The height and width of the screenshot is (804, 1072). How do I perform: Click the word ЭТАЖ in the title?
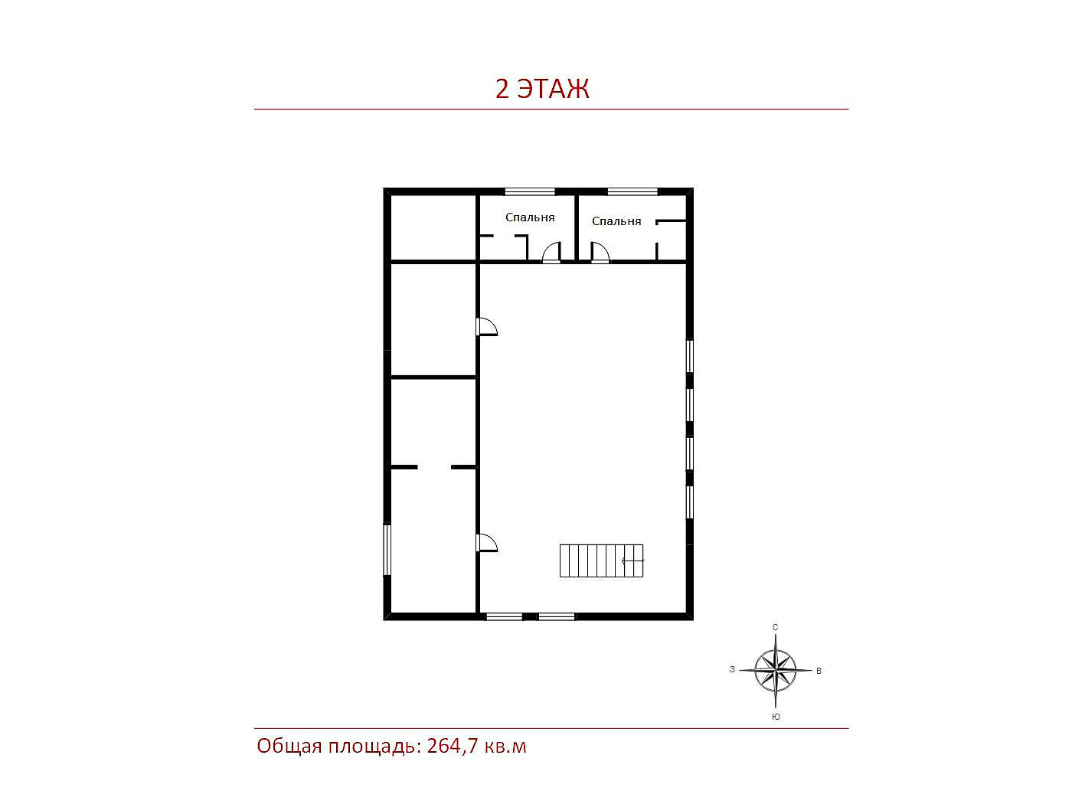click(x=553, y=89)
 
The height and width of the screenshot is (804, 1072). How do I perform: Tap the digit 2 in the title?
click(x=502, y=89)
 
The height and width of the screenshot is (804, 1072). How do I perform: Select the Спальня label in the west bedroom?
click(x=530, y=217)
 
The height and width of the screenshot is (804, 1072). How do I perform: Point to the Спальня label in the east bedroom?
click(x=616, y=221)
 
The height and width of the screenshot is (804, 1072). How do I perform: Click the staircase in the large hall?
click(x=601, y=561)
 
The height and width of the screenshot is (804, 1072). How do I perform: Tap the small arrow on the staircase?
click(x=632, y=561)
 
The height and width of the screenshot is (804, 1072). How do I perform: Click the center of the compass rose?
click(x=775, y=670)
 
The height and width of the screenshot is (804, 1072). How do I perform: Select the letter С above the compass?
click(x=775, y=627)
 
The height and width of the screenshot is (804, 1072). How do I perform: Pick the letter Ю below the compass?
click(x=776, y=717)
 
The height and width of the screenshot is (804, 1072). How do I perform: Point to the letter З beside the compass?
click(x=732, y=669)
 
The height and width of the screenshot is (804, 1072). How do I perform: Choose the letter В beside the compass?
click(x=819, y=671)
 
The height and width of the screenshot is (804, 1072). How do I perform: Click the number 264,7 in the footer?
click(x=453, y=746)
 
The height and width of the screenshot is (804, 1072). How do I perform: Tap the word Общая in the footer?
click(x=289, y=747)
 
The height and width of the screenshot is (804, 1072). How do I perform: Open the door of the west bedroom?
click(x=551, y=253)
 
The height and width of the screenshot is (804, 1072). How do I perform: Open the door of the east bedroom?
click(x=600, y=253)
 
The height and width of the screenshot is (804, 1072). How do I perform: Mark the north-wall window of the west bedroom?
click(x=530, y=192)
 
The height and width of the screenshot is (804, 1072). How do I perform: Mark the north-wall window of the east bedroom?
click(x=632, y=192)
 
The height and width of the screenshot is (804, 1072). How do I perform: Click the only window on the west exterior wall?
click(x=387, y=549)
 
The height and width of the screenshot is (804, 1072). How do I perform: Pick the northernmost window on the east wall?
click(x=690, y=356)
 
